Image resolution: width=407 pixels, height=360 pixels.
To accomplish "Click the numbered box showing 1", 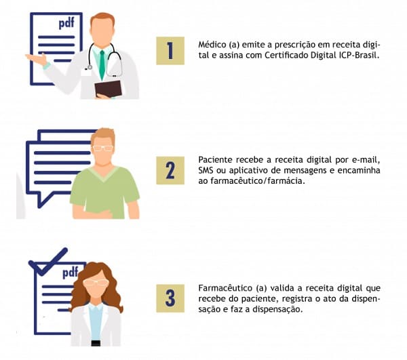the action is pyautogui.click(x=170, y=51).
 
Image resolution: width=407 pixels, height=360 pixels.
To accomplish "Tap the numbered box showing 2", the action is pyautogui.click(x=170, y=170).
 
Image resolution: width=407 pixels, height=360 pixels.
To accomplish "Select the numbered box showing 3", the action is pyautogui.click(x=170, y=298).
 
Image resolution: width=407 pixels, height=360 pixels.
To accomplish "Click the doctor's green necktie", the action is pyautogui.click(x=102, y=64).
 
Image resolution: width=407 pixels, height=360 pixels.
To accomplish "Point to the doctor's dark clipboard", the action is pyautogui.click(x=108, y=89).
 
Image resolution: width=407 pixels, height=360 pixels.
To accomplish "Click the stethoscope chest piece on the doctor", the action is pyautogui.click(x=90, y=67).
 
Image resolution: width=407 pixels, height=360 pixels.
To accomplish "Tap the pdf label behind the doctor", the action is pyautogui.click(x=66, y=23).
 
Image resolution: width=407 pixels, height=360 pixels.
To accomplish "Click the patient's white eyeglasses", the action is pyautogui.click(x=103, y=148).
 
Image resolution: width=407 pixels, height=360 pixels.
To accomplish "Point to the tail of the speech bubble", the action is pyautogui.click(x=42, y=200).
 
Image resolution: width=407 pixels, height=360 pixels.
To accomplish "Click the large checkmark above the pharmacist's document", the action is pyautogui.click(x=48, y=261).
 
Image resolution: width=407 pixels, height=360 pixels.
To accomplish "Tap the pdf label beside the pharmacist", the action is pyautogui.click(x=71, y=273).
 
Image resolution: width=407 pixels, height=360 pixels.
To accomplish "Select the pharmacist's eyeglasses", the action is pyautogui.click(x=96, y=283).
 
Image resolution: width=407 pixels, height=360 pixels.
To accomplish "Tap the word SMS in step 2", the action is pyautogui.click(x=206, y=170).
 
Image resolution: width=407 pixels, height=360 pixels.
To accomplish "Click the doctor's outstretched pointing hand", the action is pyautogui.click(x=36, y=59).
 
